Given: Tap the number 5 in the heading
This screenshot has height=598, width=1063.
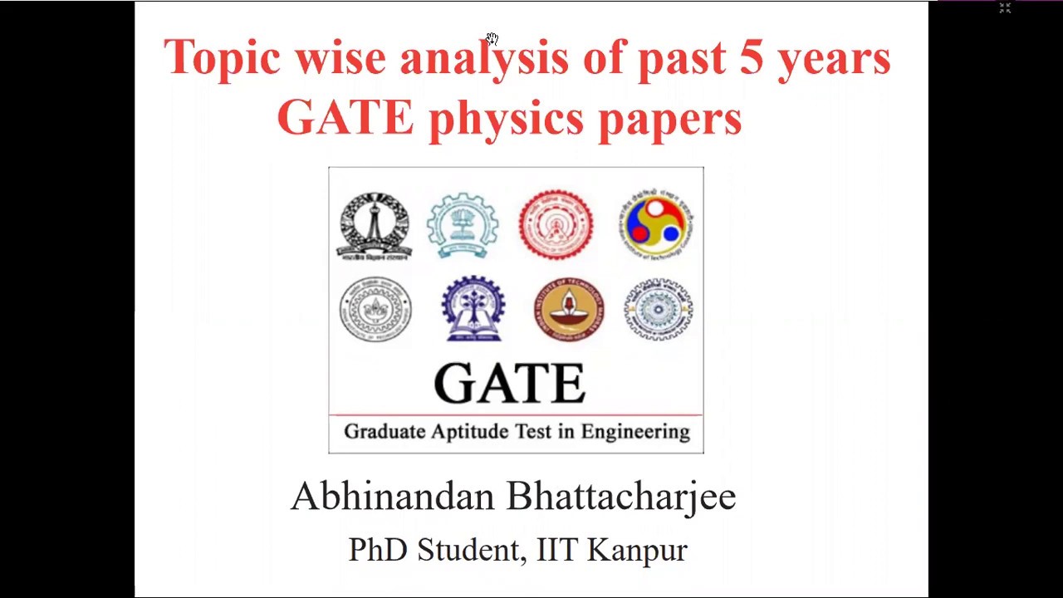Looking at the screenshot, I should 751,57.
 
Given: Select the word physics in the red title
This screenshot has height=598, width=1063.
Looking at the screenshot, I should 506,119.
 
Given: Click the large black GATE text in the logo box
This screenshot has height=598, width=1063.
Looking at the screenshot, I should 509,384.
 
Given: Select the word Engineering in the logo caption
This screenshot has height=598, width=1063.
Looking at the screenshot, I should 634,432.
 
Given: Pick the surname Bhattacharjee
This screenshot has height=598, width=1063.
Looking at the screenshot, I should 620,497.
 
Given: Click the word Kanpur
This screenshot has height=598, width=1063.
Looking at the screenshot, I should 637,550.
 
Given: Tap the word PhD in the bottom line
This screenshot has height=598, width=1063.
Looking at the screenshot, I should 378,550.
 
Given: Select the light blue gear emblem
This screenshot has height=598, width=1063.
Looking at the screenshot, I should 463,225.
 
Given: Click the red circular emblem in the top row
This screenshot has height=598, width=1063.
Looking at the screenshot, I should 556,225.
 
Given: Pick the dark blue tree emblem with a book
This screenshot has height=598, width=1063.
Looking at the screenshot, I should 473,309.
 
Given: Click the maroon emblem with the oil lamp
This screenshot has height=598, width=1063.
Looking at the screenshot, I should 569,309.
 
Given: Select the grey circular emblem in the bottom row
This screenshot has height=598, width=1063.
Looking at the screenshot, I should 375,310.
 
